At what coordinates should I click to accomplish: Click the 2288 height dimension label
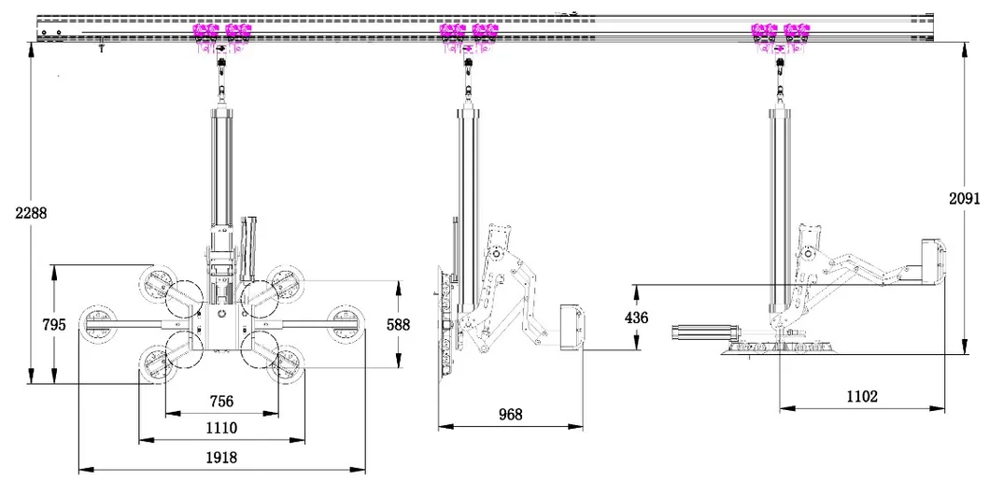point(31,212)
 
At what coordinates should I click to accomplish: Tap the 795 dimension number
point(53,324)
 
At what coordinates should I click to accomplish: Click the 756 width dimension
point(222,402)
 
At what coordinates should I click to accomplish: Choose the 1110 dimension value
point(222,428)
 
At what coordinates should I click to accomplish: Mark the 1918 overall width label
point(222,458)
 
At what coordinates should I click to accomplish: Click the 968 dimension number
point(510,414)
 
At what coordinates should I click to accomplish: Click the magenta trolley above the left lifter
point(221,34)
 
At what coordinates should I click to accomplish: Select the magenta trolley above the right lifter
point(780,34)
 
